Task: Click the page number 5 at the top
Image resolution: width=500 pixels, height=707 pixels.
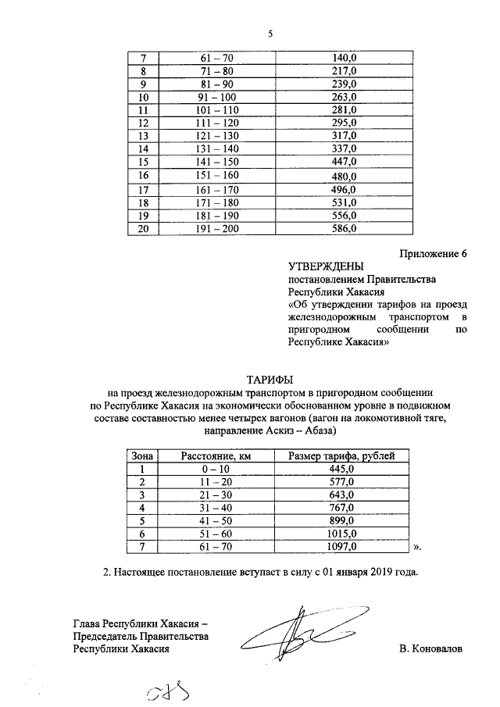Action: pos(270,34)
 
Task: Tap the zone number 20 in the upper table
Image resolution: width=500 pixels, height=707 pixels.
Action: pos(143,229)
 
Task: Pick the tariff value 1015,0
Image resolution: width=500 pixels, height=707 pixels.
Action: pos(341,534)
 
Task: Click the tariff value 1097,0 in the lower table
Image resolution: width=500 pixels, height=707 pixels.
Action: pos(341,547)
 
